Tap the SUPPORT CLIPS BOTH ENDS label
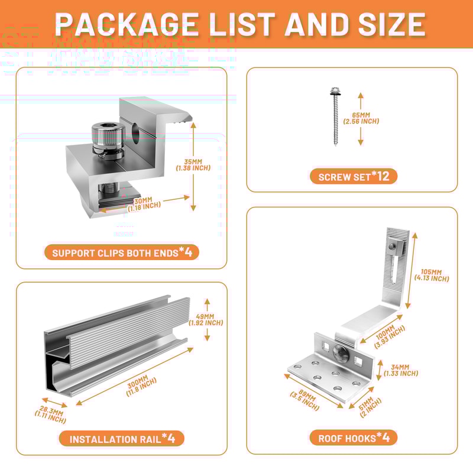[x=122, y=252]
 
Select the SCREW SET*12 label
[x=354, y=176]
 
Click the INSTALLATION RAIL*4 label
[x=122, y=439]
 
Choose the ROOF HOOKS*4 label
[x=354, y=438]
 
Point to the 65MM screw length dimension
[x=361, y=118]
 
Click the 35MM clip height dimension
[x=193, y=164]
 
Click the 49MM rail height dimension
[x=206, y=319]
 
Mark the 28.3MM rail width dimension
[x=50, y=414]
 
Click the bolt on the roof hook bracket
[x=342, y=354]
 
